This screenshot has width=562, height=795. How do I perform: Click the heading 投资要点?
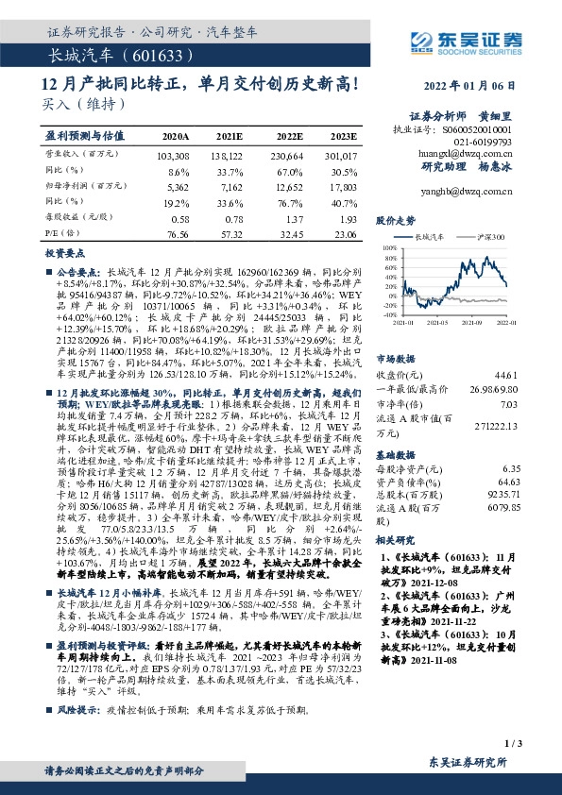60,255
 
